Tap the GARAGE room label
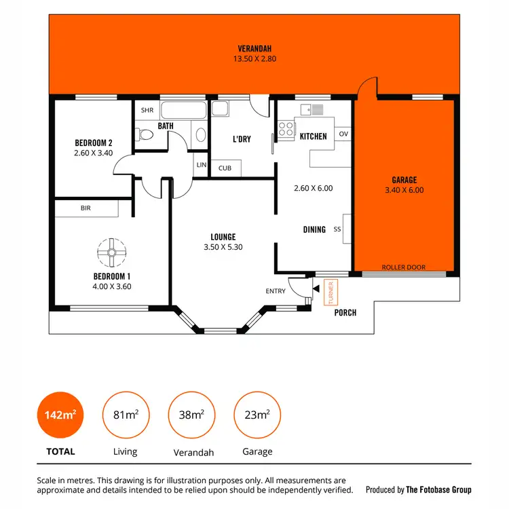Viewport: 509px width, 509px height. [404, 180]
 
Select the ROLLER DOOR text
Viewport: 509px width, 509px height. [404, 267]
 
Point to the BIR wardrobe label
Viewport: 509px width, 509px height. [86, 208]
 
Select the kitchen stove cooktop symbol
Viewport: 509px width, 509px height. [286, 128]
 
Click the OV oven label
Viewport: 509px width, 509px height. [343, 133]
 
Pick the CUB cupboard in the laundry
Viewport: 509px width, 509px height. [224, 168]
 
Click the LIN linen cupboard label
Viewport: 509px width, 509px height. [201, 165]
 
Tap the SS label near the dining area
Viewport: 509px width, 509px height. [337, 229]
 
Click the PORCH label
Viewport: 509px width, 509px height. [345, 312]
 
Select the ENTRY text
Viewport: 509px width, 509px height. [276, 291]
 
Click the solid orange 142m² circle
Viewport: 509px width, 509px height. [60, 415]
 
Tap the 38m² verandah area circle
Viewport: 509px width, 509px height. [191, 415]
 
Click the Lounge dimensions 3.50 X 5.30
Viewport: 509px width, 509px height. [223, 247]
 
